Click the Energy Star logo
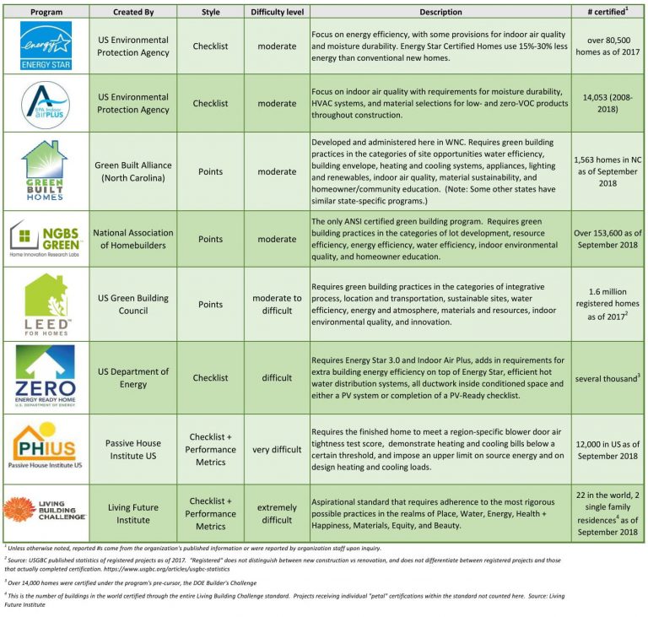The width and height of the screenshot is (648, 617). [x=46, y=46]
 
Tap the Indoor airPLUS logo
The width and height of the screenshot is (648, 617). [x=46, y=103]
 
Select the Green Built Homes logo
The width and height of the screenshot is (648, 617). [x=46, y=170]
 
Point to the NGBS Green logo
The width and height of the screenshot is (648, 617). [x=46, y=239]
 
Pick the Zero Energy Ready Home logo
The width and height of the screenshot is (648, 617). [x=46, y=376]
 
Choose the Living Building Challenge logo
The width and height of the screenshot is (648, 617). [x=46, y=512]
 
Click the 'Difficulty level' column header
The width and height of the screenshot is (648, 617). [x=277, y=12]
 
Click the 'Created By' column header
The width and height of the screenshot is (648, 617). [x=132, y=12]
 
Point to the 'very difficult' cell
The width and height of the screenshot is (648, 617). [x=277, y=449]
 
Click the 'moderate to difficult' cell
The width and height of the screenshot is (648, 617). [x=277, y=305]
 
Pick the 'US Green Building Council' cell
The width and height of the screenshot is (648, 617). [x=132, y=305]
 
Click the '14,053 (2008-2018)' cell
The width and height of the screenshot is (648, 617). [x=606, y=104]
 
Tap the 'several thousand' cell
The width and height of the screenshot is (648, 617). [x=606, y=377]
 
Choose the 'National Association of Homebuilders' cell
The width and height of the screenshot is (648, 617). [x=132, y=239]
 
